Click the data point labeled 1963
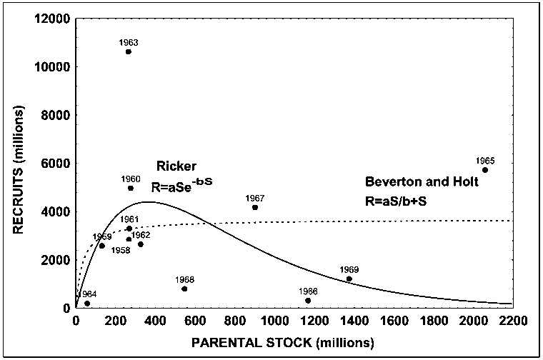[129, 51]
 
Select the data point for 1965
[485, 170]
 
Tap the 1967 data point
[255, 207]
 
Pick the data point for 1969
[349, 279]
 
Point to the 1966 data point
[308, 301]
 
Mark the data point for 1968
[184, 289]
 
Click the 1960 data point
[131, 188]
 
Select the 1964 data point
[87, 304]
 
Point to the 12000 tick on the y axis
[54, 18]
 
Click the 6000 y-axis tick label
[56, 163]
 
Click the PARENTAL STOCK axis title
[282, 343]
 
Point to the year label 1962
[141, 235]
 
